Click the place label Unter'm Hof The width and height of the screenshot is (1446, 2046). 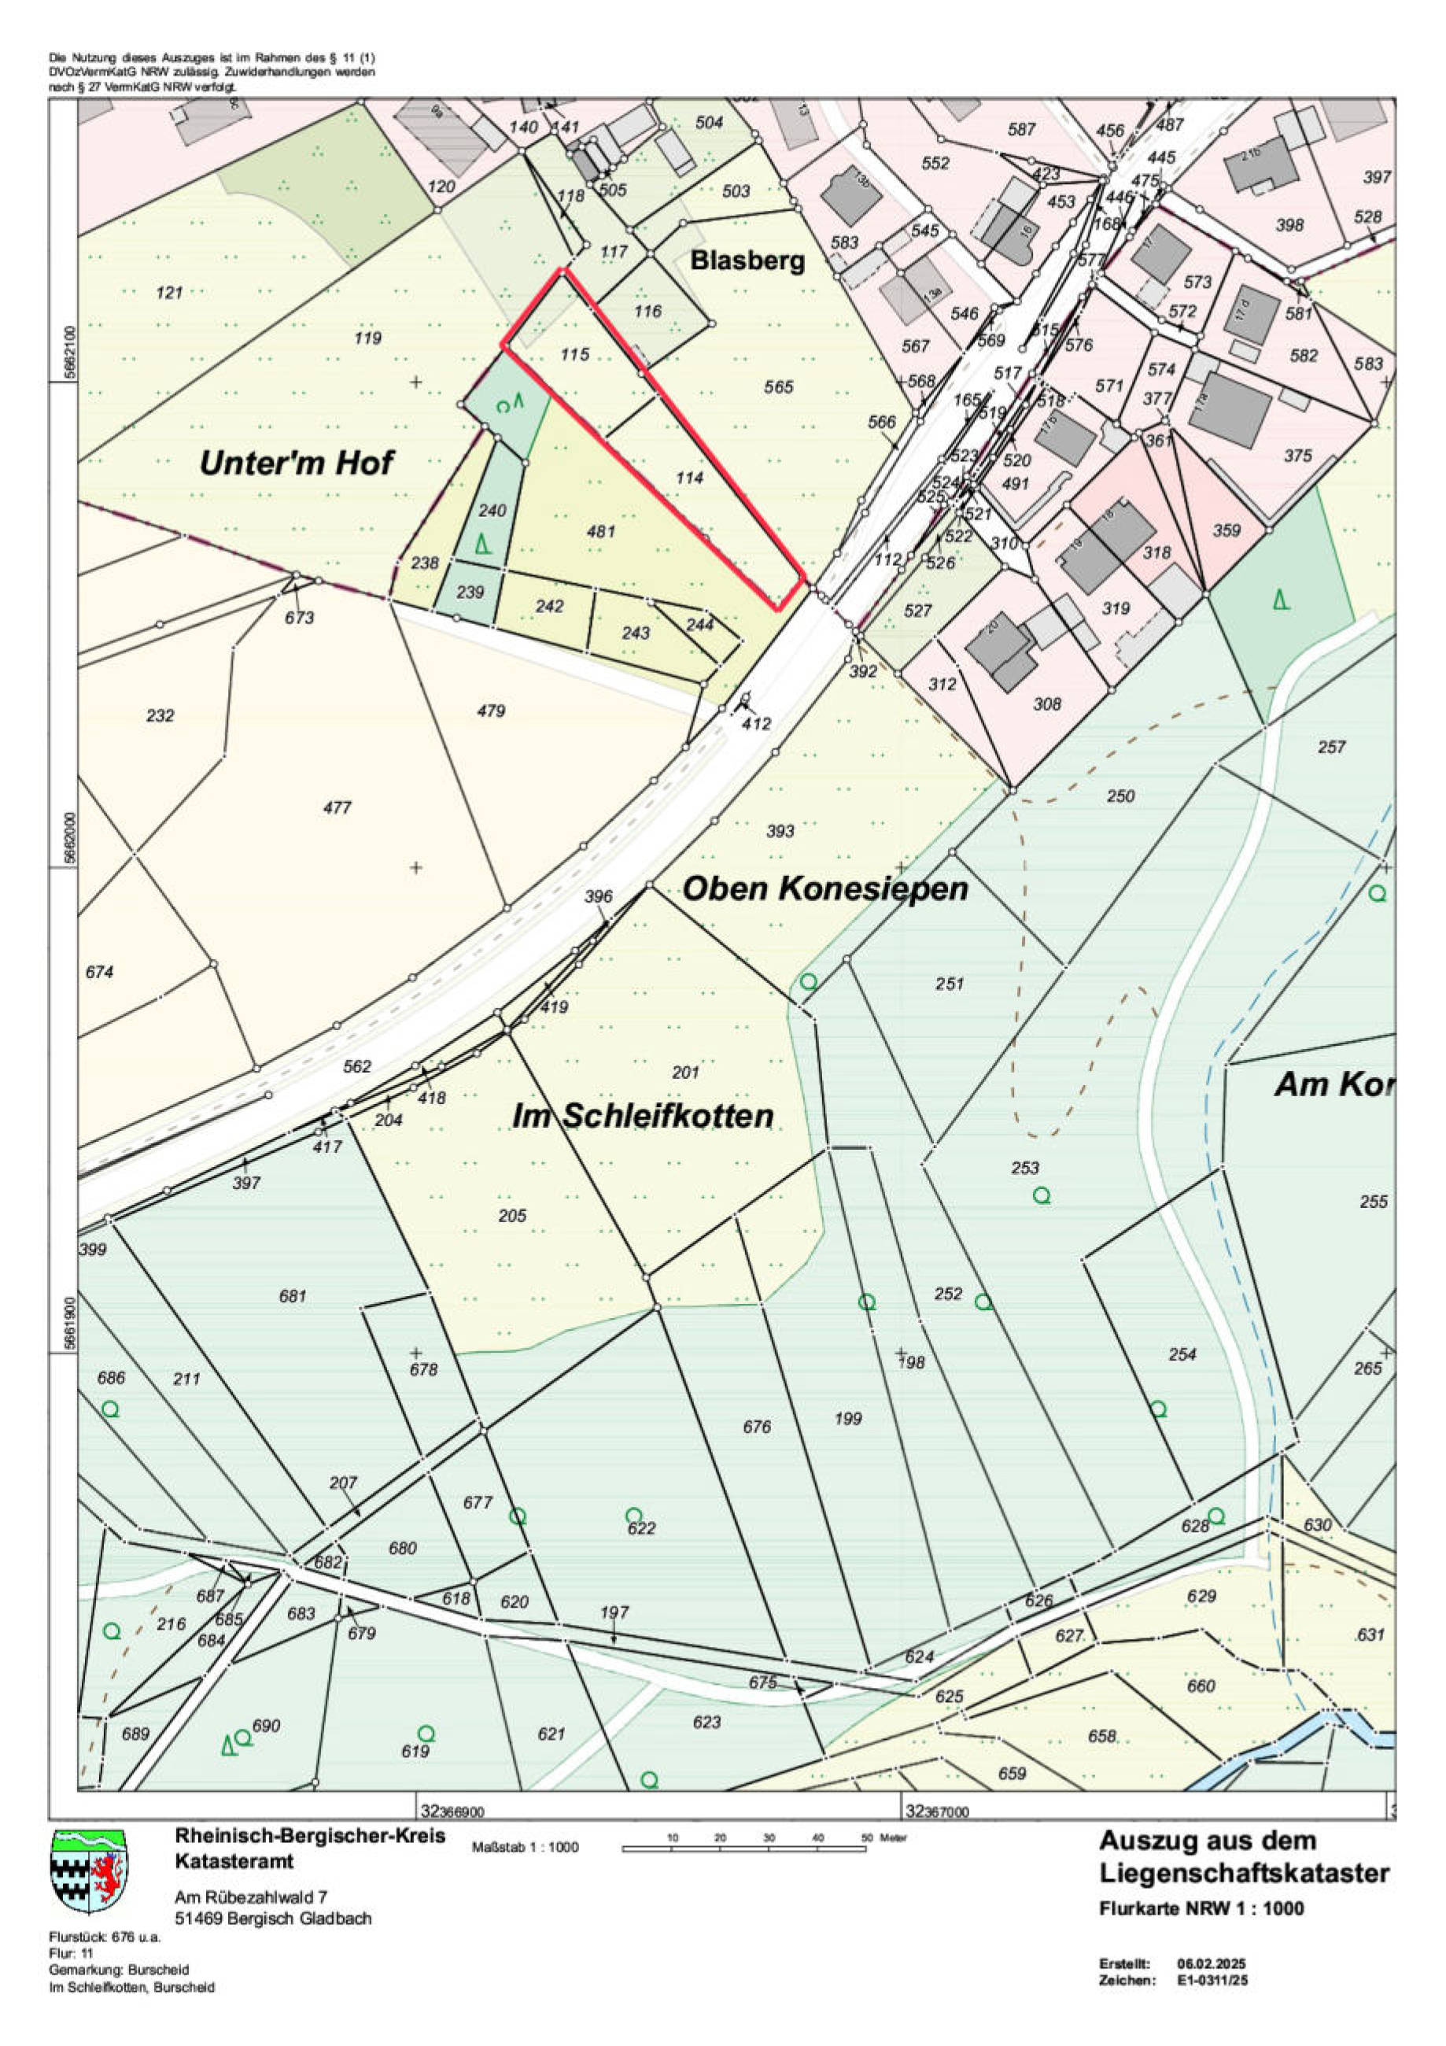[x=296, y=463]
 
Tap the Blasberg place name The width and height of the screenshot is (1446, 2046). [x=747, y=261]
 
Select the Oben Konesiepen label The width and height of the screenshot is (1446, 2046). [x=825, y=888]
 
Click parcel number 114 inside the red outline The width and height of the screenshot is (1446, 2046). [x=690, y=478]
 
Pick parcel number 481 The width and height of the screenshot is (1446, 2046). [x=600, y=531]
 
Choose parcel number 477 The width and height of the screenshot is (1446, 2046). [x=338, y=807]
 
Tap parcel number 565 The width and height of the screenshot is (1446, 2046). [x=779, y=386]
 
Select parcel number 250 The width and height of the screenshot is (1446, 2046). [x=1121, y=796]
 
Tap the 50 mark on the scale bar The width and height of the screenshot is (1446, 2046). [x=866, y=1837]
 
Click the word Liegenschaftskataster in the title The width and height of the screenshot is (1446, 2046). [x=1244, y=1873]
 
